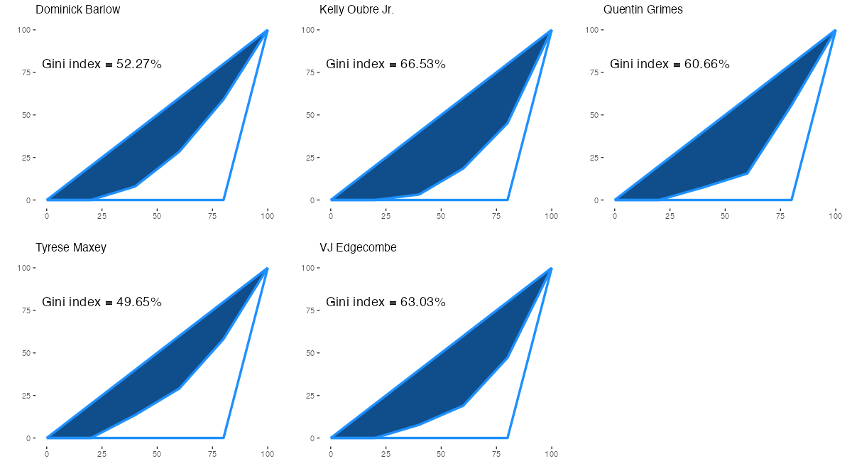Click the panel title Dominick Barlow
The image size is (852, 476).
point(77,10)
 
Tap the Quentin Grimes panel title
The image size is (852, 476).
point(643,10)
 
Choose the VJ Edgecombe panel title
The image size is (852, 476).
point(358,248)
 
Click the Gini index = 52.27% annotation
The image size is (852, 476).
point(102,64)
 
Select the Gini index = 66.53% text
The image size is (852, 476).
point(386,64)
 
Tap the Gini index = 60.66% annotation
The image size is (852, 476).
point(670,64)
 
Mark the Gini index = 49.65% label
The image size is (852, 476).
point(102,302)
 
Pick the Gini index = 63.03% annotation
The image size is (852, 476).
point(386,302)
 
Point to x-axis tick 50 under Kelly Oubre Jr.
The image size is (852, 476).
point(441,215)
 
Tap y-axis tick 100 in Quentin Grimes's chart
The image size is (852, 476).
point(592,30)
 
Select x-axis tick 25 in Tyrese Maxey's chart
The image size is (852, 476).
point(102,453)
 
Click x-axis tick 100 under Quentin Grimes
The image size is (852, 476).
point(836,215)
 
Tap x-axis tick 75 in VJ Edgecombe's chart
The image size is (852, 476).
point(496,453)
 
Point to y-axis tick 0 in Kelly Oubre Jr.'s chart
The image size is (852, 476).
point(312,200)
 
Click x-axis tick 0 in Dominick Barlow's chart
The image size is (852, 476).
point(47,215)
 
